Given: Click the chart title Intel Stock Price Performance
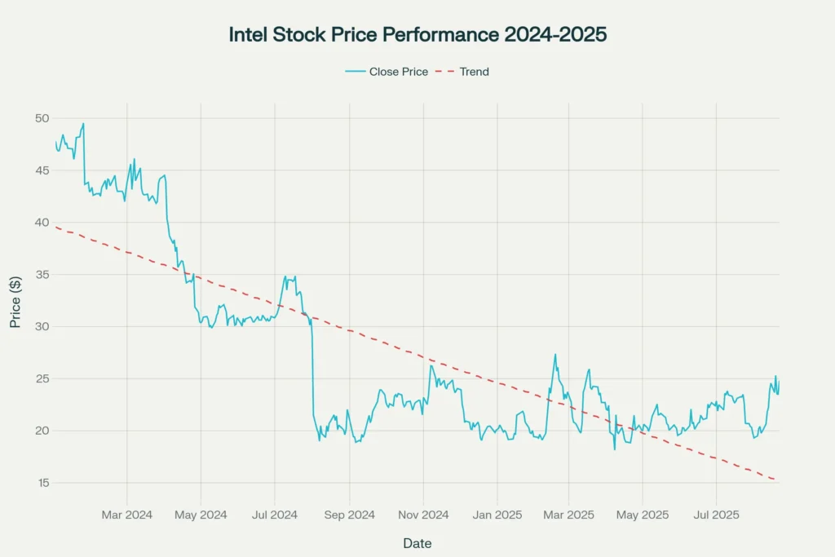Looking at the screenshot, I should click(x=417, y=35).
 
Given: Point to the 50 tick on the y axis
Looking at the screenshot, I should click(x=42, y=118).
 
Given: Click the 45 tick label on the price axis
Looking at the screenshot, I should click(x=42, y=170).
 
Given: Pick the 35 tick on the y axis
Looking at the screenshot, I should click(x=42, y=275).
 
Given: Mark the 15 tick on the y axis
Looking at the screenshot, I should click(x=42, y=483).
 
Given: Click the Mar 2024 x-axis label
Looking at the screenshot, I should click(x=126, y=515).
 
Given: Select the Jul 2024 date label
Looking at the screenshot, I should click(x=274, y=515).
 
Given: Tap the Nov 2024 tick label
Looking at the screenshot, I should click(x=422, y=515).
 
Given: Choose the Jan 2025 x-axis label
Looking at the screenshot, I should click(x=497, y=515).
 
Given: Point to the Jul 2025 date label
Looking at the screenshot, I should click(x=716, y=515).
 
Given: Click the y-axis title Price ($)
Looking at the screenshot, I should click(x=15, y=301).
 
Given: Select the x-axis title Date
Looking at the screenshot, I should click(x=417, y=543).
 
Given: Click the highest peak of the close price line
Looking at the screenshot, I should click(x=83, y=123).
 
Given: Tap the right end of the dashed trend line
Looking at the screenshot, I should click(x=777, y=480).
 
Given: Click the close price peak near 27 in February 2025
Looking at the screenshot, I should click(x=555, y=355).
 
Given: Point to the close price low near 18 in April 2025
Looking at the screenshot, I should click(x=614, y=449).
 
